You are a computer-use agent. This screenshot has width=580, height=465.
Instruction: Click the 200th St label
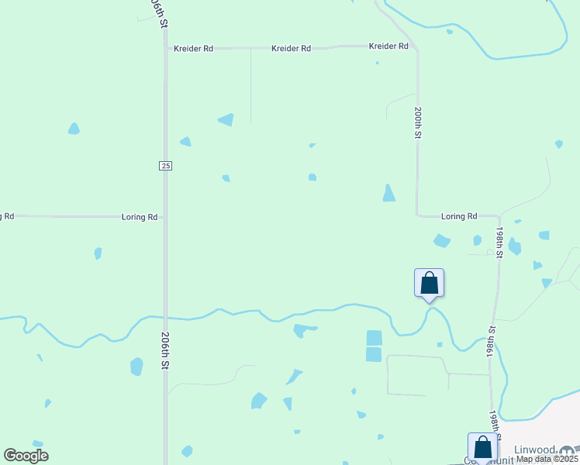point(417,122)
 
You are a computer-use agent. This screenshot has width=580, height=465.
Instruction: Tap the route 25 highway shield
point(165,165)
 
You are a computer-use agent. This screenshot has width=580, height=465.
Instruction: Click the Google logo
point(26,456)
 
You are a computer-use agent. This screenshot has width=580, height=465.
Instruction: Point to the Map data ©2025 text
point(547,459)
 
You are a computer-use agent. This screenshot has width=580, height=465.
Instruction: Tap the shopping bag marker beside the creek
point(429,283)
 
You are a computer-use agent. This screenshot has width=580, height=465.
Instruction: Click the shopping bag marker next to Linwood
point(482,447)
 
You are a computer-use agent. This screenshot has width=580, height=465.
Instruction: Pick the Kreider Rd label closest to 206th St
point(193,48)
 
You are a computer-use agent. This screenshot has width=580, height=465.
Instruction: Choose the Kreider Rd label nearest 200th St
point(388,46)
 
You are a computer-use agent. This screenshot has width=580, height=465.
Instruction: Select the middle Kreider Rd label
point(291,48)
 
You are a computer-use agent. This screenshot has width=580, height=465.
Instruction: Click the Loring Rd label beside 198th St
point(458,217)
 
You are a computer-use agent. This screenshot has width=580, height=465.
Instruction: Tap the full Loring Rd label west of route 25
point(140,217)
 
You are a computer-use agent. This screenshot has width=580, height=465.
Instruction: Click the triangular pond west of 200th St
point(388,193)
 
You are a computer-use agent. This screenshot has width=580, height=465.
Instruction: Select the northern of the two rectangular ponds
point(374,337)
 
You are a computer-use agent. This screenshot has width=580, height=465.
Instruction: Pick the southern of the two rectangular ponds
point(374,354)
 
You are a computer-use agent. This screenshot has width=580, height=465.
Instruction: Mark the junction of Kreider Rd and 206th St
point(165,48)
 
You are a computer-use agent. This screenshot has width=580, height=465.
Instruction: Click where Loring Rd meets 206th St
point(164,217)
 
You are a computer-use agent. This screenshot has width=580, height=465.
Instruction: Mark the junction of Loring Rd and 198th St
point(499,216)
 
